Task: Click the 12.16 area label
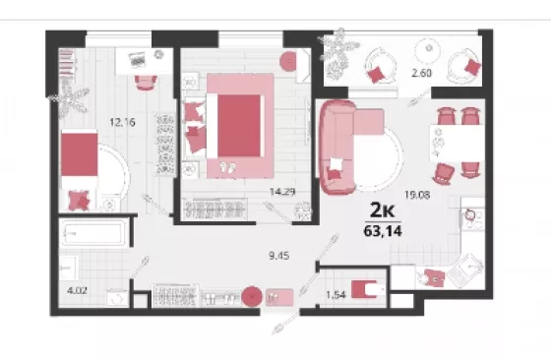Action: pyautogui.click(x=122, y=122)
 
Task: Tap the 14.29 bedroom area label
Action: pyautogui.click(x=282, y=192)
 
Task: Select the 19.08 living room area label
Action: pyautogui.click(x=417, y=195)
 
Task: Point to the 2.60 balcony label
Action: pyautogui.click(x=421, y=73)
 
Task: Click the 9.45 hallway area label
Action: pyautogui.click(x=279, y=256)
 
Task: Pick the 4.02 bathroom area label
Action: pyautogui.click(x=77, y=291)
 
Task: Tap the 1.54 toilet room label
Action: pyautogui.click(x=336, y=295)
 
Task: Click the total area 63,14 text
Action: pyautogui.click(x=383, y=231)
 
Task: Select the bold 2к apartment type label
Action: pyautogui.click(x=383, y=210)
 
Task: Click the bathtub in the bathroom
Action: pyautogui.click(x=93, y=232)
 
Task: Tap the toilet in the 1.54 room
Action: pyautogui.click(x=368, y=289)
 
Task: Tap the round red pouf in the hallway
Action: pyautogui.click(x=251, y=297)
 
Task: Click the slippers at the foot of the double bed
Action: pyautogui.click(x=227, y=167)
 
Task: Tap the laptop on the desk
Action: pyautogui.click(x=137, y=59)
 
